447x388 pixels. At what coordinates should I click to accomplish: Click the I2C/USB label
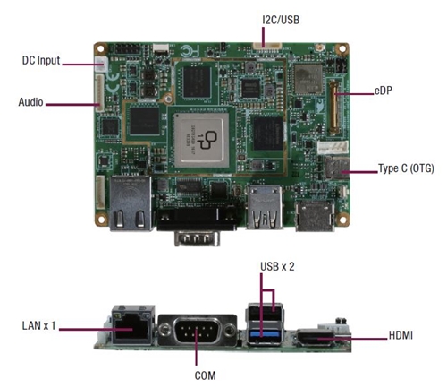[x=281, y=20]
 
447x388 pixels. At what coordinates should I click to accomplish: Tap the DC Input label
[x=41, y=60]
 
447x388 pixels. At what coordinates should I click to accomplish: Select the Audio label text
[x=30, y=102]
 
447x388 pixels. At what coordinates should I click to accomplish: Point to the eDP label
[x=383, y=91]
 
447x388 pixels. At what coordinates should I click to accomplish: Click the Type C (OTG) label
[x=406, y=168]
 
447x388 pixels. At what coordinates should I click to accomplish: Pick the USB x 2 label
[x=277, y=266]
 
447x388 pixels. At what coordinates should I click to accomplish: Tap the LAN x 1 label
[x=38, y=325]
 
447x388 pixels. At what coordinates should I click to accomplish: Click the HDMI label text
[x=401, y=335]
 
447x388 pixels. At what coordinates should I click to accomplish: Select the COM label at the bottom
[x=205, y=375]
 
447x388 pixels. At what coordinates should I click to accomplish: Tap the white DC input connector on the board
[x=100, y=64]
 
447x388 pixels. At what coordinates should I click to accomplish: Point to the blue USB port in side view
[x=265, y=334]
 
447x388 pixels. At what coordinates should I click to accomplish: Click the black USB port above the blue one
[x=265, y=313]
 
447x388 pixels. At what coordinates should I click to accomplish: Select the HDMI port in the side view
[x=315, y=338]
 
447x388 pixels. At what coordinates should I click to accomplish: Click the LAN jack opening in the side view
[x=131, y=329]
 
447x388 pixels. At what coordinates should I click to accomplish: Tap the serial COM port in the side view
[x=197, y=330]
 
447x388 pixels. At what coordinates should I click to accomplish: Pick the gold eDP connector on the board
[x=333, y=107]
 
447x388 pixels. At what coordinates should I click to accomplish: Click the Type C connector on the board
[x=337, y=168]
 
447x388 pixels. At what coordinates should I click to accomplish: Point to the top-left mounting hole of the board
[x=101, y=48]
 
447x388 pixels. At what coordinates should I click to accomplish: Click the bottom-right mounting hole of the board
[x=342, y=220]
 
